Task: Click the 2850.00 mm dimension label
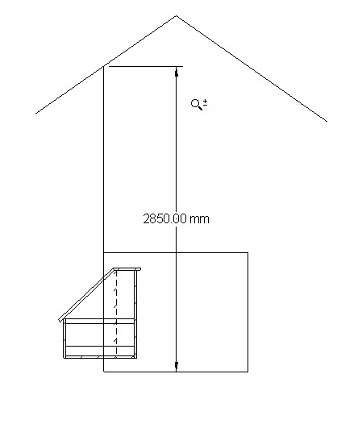pyautogui.click(x=176, y=218)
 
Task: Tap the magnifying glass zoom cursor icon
pyautogui.click(x=196, y=104)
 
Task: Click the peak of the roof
pyautogui.click(x=177, y=16)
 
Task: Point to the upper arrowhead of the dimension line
pyautogui.click(x=177, y=72)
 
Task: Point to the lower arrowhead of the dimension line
pyautogui.click(x=177, y=367)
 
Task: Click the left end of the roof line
pyautogui.click(x=36, y=114)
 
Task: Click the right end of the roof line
pyautogui.click(x=327, y=121)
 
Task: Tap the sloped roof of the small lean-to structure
pyautogui.click(x=89, y=295)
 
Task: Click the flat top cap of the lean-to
pyautogui.click(x=129, y=270)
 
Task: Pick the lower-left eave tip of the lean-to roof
pyautogui.click(x=60, y=321)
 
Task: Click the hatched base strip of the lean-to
pyautogui.click(x=101, y=351)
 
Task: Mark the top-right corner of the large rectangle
pyautogui.click(x=248, y=253)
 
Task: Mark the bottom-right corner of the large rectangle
pyautogui.click(x=248, y=372)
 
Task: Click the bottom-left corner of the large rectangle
pyautogui.click(x=104, y=372)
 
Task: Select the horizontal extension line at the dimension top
pyautogui.click(x=145, y=66)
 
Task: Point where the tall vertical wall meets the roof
pyautogui.click(x=104, y=66)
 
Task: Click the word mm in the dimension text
pyautogui.click(x=199, y=218)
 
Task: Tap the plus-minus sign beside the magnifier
pyautogui.click(x=206, y=102)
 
